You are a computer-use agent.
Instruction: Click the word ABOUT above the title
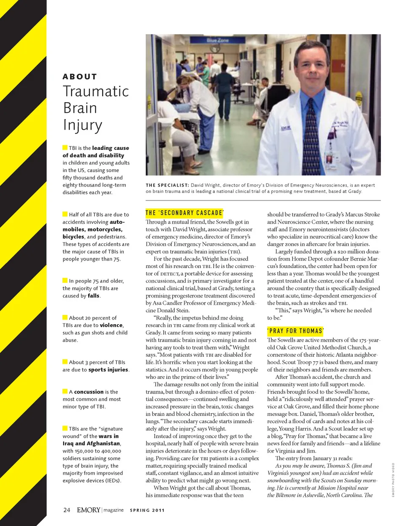[80, 77]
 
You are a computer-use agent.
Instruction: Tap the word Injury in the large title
[83, 125]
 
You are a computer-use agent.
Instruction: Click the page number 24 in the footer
[67, 510]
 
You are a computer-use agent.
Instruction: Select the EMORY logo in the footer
[89, 510]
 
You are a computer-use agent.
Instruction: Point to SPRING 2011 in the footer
[147, 510]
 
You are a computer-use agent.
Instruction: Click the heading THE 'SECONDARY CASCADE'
[185, 213]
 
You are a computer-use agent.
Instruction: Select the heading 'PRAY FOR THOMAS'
[295, 331]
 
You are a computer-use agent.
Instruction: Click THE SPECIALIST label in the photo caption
[167, 185]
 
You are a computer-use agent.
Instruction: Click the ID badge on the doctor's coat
[329, 160]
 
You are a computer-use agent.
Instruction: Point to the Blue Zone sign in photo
[218, 41]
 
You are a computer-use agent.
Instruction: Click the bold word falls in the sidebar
[94, 296]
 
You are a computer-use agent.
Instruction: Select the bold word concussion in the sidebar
[89, 392]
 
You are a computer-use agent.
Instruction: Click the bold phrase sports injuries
[108, 370]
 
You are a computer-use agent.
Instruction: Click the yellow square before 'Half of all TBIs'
[65, 214]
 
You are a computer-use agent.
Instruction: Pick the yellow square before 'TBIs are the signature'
[65, 428]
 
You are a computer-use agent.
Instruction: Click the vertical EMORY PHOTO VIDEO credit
[393, 480]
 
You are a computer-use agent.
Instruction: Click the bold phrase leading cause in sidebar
[111, 148]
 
